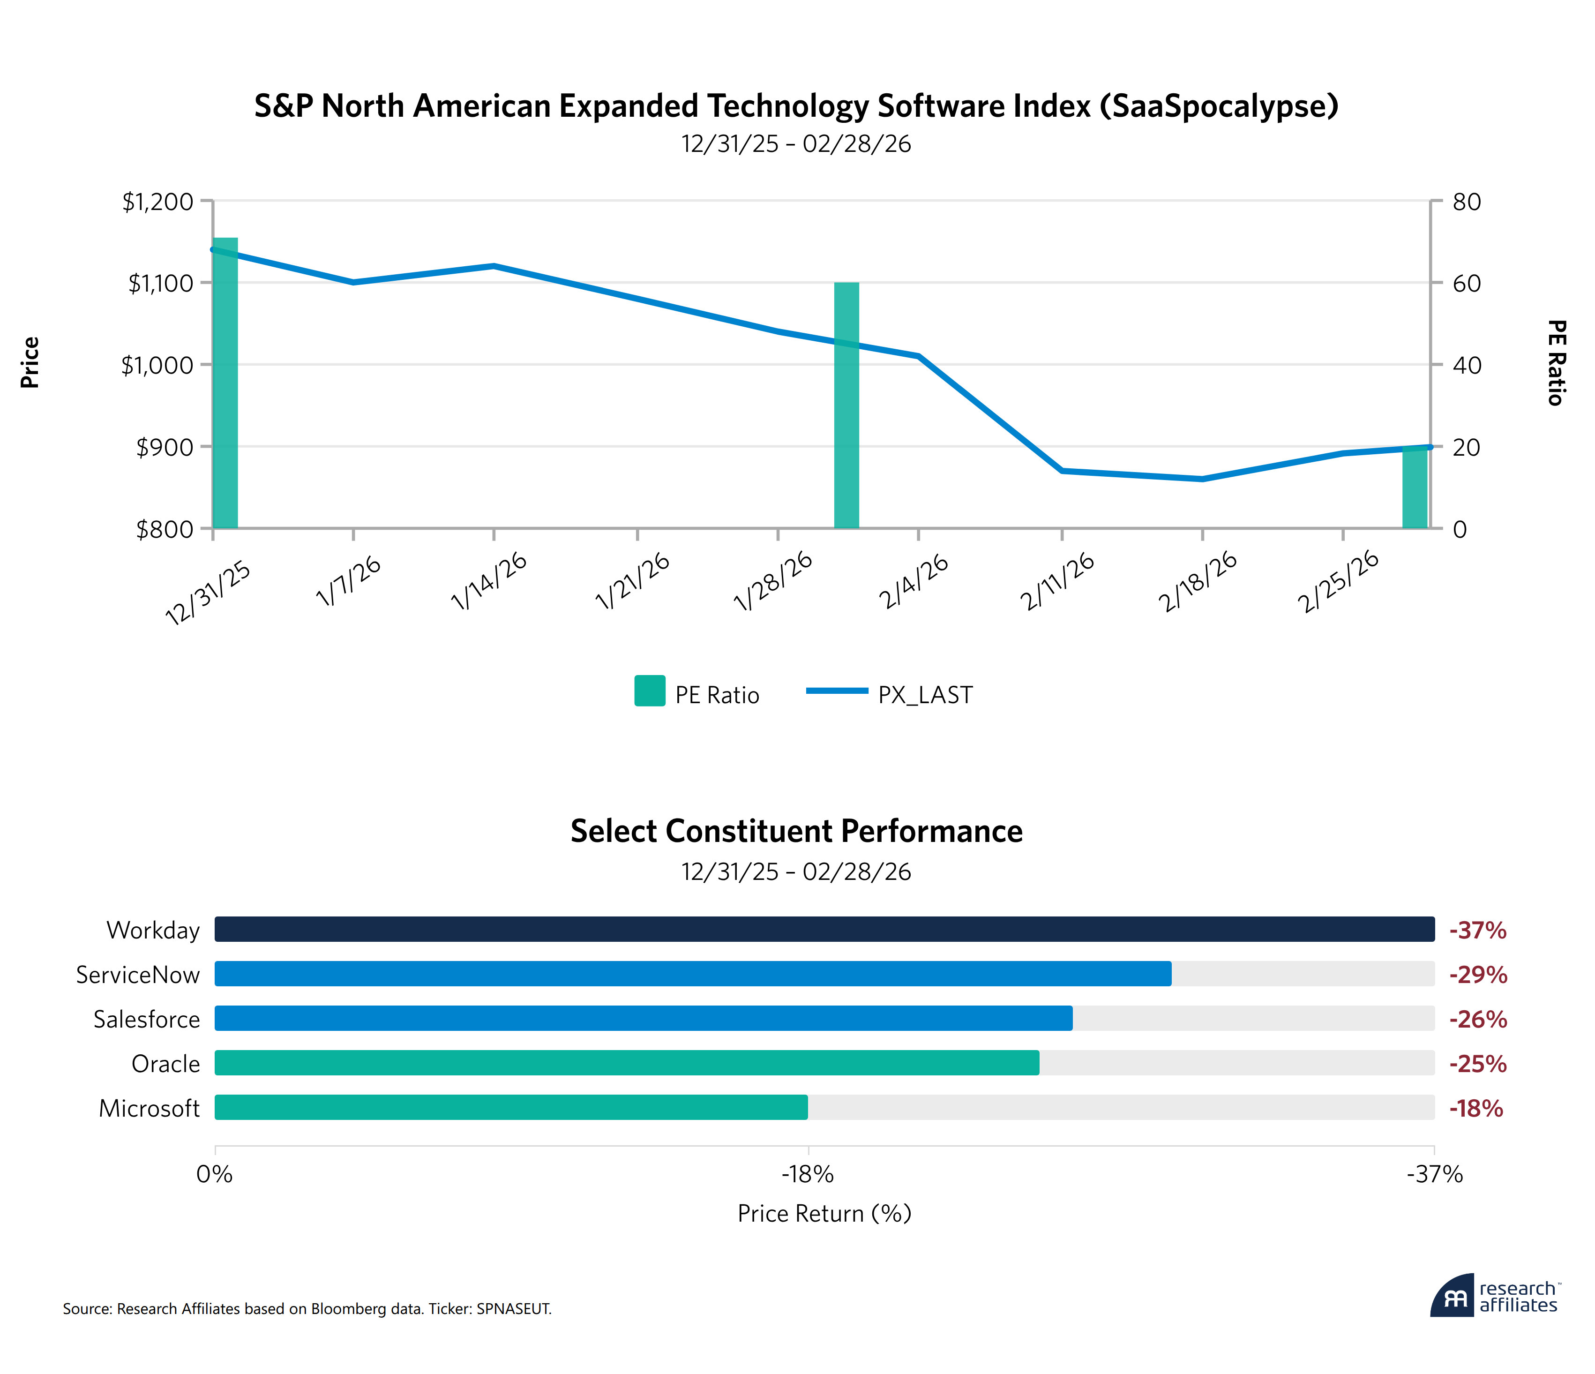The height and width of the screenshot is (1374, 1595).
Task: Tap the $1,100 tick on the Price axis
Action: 160,283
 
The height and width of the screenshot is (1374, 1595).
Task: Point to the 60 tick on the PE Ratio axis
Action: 1467,283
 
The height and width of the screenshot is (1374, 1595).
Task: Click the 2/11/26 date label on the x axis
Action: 1057,583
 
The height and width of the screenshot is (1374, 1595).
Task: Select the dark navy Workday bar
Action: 824,929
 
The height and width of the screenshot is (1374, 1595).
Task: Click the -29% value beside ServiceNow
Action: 1477,975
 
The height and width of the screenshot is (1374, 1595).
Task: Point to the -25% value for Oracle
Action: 1477,1063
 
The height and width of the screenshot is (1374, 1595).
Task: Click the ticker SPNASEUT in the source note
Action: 513,1308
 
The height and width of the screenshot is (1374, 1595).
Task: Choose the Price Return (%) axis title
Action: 824,1213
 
